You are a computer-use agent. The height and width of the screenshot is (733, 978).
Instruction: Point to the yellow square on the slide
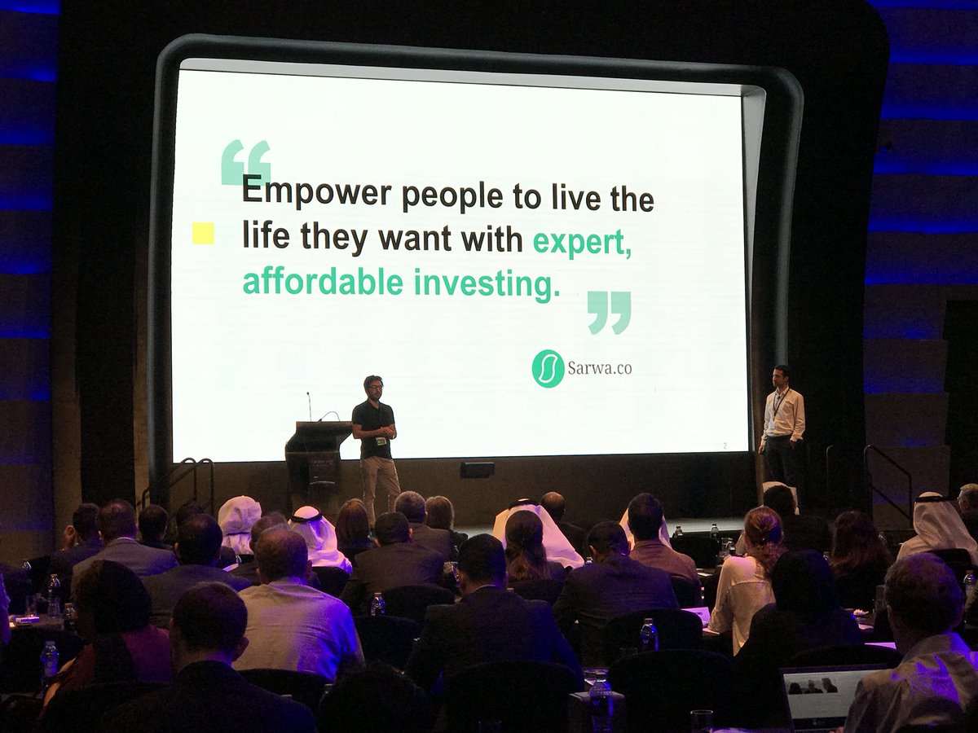pyautogui.click(x=203, y=235)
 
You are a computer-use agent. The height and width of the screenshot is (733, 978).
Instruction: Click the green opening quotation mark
pyautogui.click(x=245, y=161)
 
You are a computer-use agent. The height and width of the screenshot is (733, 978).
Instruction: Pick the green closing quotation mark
pyautogui.click(x=609, y=312)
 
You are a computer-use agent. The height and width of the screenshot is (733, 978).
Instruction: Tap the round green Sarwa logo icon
pyautogui.click(x=548, y=368)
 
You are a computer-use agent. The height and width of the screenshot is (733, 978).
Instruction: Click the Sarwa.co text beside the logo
pyautogui.click(x=599, y=368)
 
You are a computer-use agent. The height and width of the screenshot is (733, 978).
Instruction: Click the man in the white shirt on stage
pyautogui.click(x=782, y=424)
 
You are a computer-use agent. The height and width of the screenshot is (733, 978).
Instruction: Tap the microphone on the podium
pyautogui.click(x=309, y=406)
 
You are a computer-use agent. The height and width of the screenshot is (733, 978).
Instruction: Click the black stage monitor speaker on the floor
pyautogui.click(x=477, y=469)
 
